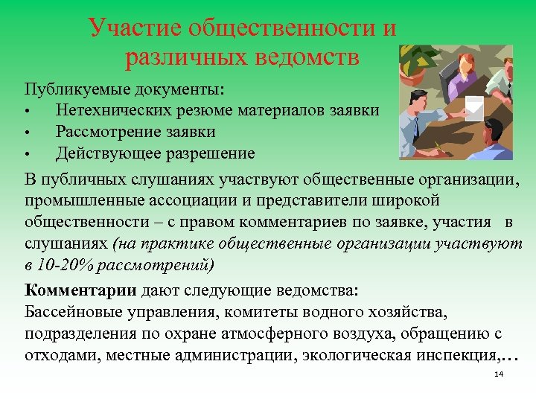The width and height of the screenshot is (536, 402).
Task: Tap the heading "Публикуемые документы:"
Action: click(x=124, y=89)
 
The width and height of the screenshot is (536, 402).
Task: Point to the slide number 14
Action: click(x=499, y=374)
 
